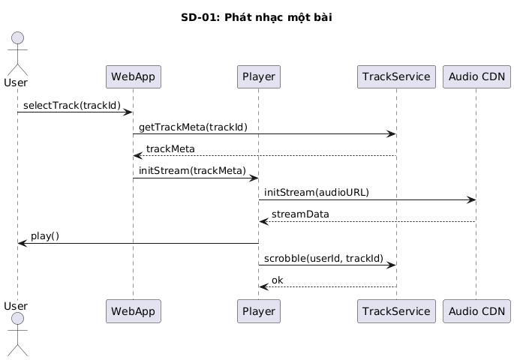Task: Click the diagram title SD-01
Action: tap(257, 17)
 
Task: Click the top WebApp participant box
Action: tap(133, 76)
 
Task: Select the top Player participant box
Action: tap(258, 76)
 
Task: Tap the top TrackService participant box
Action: tap(396, 76)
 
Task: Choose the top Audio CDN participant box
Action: tap(476, 76)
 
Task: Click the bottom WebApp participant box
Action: tap(133, 311)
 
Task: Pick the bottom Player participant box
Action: tap(258, 311)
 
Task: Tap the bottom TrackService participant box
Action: tap(396, 311)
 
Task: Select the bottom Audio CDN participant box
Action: tap(476, 311)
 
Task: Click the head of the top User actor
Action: tap(17, 40)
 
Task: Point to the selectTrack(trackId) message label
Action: tap(71, 105)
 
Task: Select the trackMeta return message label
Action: tap(170, 149)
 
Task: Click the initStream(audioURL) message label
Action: tap(317, 193)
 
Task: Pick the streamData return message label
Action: tap(300, 214)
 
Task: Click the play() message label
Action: tap(45, 236)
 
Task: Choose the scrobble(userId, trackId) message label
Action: tap(323, 258)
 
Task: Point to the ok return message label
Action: tap(278, 280)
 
